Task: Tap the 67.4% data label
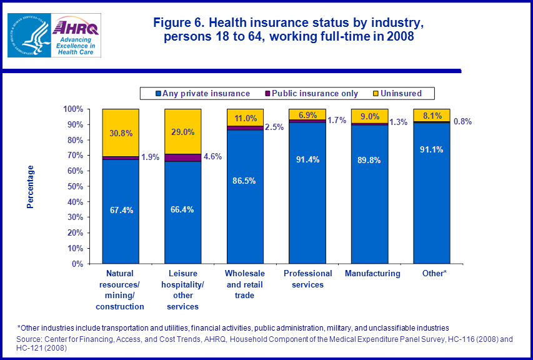pyautogui.click(x=121, y=209)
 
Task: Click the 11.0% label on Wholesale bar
pyautogui.click(x=245, y=118)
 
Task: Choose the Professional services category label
pyautogui.click(x=307, y=279)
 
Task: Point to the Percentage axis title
pyautogui.click(x=30, y=186)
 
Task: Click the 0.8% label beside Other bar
pyautogui.click(x=462, y=122)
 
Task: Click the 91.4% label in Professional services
pyautogui.click(x=307, y=159)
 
